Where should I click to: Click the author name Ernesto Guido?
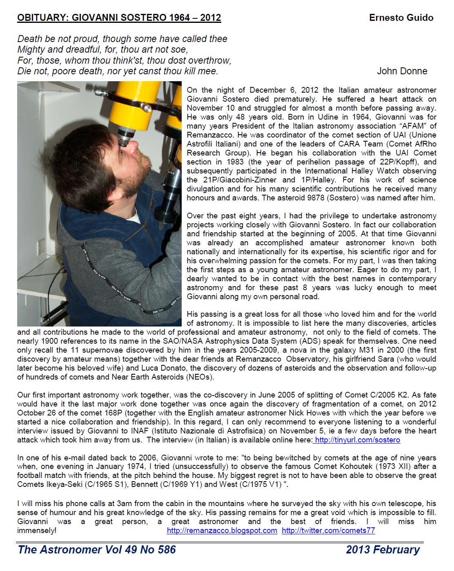(401, 18)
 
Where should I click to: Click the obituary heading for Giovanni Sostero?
(119, 18)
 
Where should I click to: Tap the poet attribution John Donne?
(402, 71)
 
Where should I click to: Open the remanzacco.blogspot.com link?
(222, 531)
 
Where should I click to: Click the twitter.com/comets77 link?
(328, 531)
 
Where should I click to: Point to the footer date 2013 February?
(383, 550)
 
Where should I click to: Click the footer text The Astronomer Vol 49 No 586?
(97, 550)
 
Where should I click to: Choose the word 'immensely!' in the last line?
(37, 531)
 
